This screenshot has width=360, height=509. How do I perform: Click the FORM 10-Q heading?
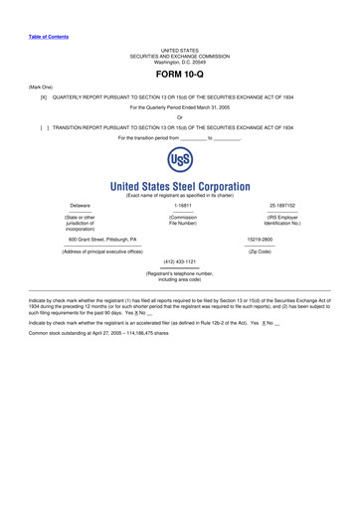pyautogui.click(x=179, y=74)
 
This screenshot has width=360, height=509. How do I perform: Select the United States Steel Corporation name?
pyautogui.click(x=179, y=186)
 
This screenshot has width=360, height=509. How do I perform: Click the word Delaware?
pyautogui.click(x=80, y=206)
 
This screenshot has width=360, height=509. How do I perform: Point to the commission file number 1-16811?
pyautogui.click(x=181, y=206)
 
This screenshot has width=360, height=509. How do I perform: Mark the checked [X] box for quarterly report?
pyautogui.click(x=44, y=98)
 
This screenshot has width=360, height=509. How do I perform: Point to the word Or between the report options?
pyautogui.click(x=180, y=118)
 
